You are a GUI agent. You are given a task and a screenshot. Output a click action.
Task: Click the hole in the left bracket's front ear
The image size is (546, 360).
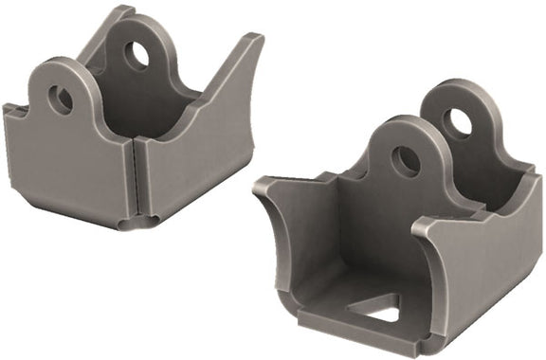[x=61, y=99]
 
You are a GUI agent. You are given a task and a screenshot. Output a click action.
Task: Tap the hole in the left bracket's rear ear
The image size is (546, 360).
[x=137, y=56]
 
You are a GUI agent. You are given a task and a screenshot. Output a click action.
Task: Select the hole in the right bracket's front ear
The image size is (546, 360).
[x=406, y=161]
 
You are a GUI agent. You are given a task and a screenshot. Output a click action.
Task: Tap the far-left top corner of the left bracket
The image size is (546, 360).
[x=8, y=109]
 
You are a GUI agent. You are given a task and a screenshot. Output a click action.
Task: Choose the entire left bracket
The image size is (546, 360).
[x=133, y=123]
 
